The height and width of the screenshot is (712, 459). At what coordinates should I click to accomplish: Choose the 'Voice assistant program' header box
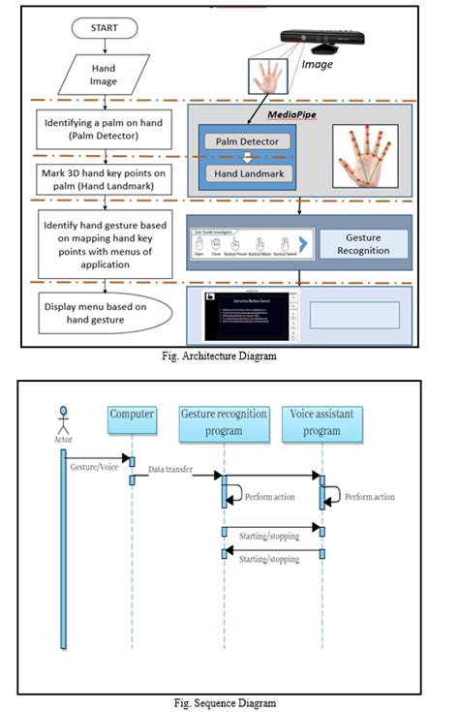pos(322,421)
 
